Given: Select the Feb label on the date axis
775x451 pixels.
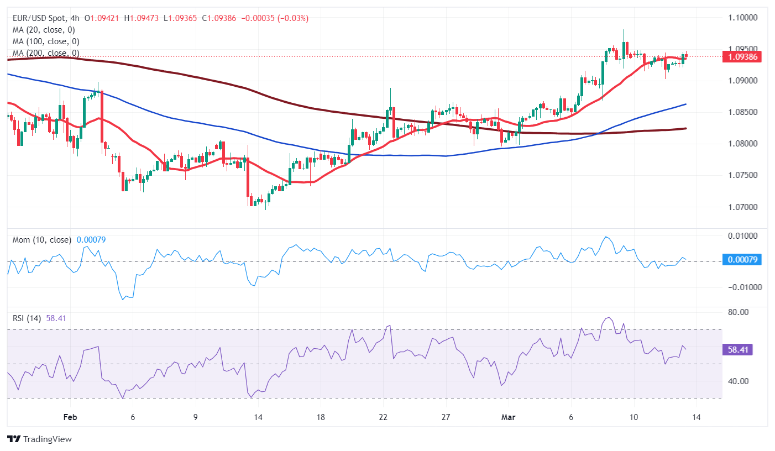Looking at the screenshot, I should pos(69,417).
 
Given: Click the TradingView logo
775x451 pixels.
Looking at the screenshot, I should pos(40,439).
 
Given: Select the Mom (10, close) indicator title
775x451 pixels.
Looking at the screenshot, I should pos(42,240).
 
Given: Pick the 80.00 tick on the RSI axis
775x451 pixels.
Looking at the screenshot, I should pos(738,312).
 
